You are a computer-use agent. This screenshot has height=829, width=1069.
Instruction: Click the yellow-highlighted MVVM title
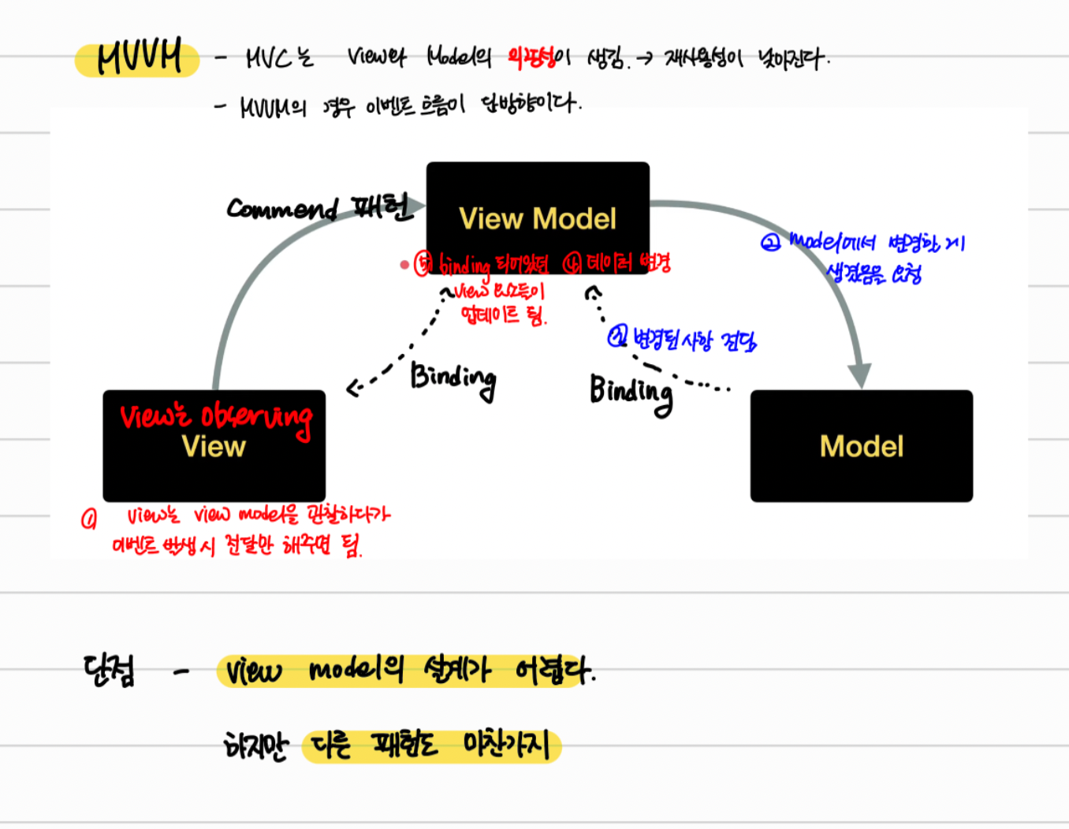pyautogui.click(x=138, y=58)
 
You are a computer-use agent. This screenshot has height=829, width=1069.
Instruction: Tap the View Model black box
pyautogui.click(x=538, y=206)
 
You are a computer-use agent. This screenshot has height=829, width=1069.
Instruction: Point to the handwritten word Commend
pyautogui.click(x=281, y=208)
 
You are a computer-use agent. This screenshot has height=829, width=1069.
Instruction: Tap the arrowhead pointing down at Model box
pyautogui.click(x=859, y=376)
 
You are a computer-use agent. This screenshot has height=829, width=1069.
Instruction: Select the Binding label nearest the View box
pyautogui.click(x=453, y=379)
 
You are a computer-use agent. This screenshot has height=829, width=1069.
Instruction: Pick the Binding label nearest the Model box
pyautogui.click(x=631, y=392)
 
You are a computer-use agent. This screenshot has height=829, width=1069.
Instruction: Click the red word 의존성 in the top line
pyautogui.click(x=531, y=57)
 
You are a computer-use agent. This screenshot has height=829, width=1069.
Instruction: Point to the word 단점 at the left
pyautogui.click(x=109, y=671)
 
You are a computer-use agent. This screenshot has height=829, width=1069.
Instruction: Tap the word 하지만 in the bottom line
pyautogui.click(x=256, y=745)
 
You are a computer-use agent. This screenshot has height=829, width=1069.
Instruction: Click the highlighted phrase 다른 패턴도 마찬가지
pyautogui.click(x=430, y=745)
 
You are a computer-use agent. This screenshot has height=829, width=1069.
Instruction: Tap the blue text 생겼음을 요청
pyautogui.click(x=873, y=273)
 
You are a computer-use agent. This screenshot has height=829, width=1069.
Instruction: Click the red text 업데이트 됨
pyautogui.click(x=503, y=315)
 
